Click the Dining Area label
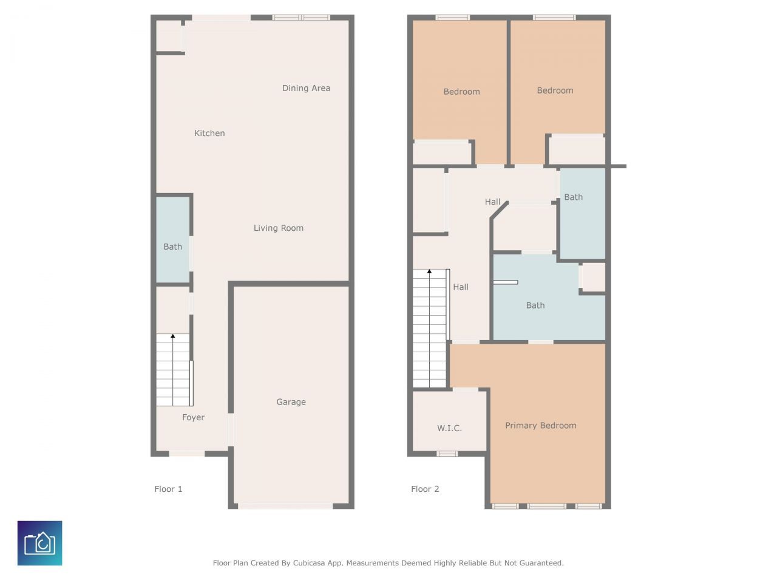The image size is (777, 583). pos(306,88)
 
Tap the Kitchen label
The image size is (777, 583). pos(209,133)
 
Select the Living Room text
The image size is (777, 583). pos(278,228)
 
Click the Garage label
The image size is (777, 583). pos(291,401)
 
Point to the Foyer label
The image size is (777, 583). pos(193,417)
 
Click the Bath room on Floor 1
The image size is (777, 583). pos(173,246)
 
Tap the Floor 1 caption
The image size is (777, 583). pos(168,489)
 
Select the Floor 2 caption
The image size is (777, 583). pos(425,489)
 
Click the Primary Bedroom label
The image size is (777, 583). pos(540,425)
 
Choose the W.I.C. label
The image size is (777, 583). pos(449,428)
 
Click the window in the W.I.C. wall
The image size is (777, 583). pos(447,453)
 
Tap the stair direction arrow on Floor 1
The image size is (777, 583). pos(172,336)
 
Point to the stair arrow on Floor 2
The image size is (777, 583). pos(429,272)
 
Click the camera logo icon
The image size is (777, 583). pos(40,543)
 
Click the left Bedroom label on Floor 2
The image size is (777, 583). pos(461,92)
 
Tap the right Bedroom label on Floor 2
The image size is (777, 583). pos(555,90)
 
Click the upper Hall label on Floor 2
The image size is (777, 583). pos(492,202)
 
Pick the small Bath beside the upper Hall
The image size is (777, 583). pos(574,197)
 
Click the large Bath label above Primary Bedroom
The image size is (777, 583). pos(535,305)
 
